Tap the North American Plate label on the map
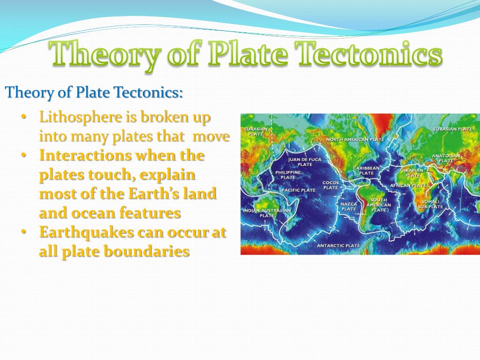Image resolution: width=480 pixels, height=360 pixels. pyautogui.click(x=355, y=140)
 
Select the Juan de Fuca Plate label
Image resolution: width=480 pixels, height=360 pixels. pyautogui.click(x=305, y=162)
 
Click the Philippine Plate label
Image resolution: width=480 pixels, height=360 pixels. pyautogui.click(x=288, y=175)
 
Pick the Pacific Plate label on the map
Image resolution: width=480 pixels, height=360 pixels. pyautogui.click(x=299, y=190)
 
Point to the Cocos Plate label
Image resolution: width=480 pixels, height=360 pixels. pyautogui.click(x=330, y=185)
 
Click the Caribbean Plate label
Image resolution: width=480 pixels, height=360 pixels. pyautogui.click(x=366, y=170)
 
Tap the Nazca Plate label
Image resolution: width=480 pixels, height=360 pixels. pyautogui.click(x=349, y=206)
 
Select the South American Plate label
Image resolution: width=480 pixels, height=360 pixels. pyautogui.click(x=378, y=205)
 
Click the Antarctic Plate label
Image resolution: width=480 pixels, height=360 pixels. pyautogui.click(x=338, y=246)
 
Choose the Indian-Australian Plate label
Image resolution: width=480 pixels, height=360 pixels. pyautogui.click(x=267, y=213)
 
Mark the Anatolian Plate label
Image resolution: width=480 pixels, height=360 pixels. pyautogui.click(x=446, y=158)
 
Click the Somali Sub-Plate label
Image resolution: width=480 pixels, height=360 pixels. pyautogui.click(x=430, y=204)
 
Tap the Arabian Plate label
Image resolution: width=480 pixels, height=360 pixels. pyautogui.click(x=412, y=172)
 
